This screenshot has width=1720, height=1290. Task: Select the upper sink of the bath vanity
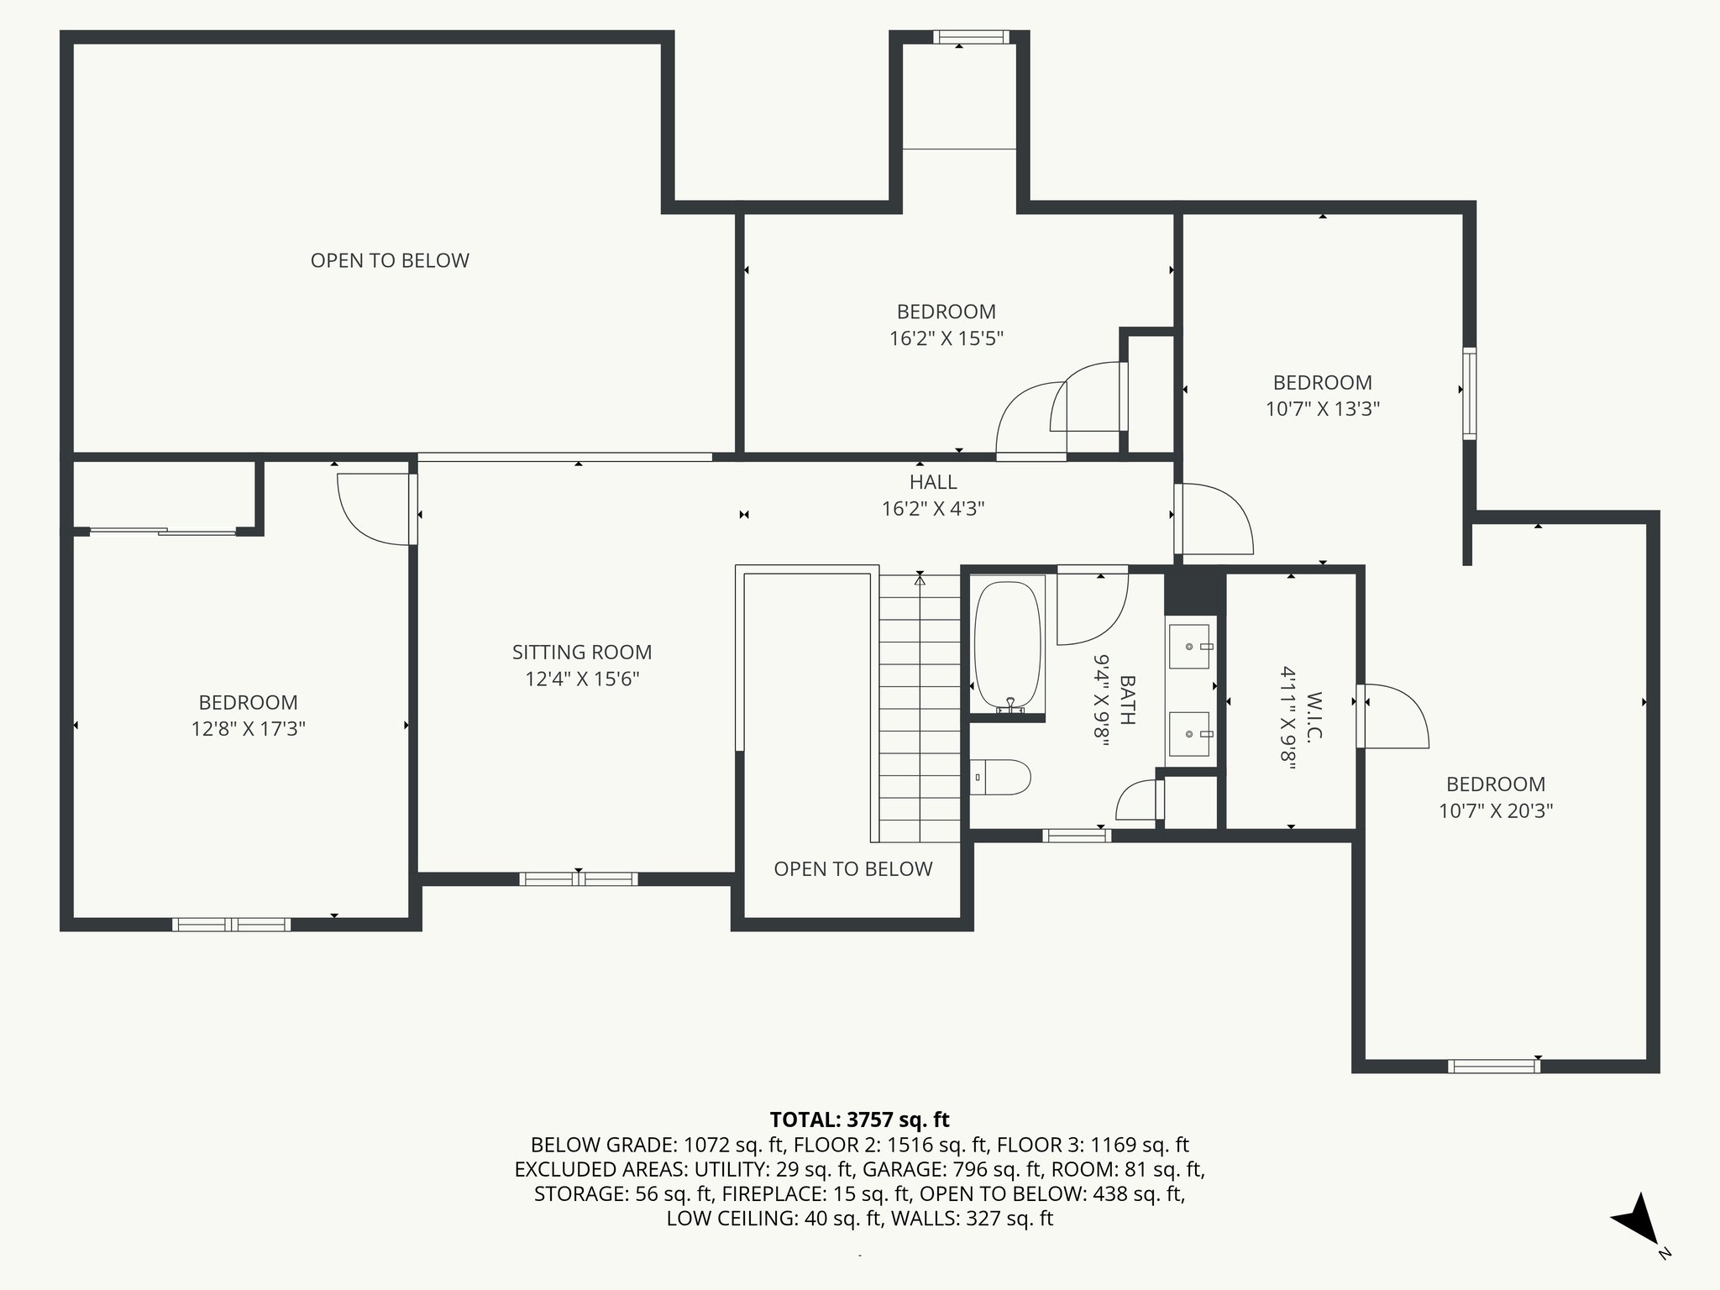pos(1189,646)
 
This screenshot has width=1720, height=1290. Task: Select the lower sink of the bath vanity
pos(1189,734)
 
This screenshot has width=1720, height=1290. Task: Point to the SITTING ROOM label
pos(582,652)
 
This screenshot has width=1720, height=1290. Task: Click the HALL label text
pos(933,482)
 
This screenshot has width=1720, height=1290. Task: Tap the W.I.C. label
pos(1314,716)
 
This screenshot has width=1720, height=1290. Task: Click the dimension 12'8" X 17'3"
pos(248,728)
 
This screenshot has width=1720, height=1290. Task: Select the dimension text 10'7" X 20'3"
pos(1496,810)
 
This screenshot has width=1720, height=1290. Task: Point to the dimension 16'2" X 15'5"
pos(947,338)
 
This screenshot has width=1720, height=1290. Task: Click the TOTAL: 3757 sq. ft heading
pos(859,1120)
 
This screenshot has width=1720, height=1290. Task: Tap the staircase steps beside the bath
pos(920,708)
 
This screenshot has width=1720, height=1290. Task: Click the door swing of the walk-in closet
pos(1394,715)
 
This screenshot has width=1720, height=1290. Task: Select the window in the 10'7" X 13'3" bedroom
pos(1469,393)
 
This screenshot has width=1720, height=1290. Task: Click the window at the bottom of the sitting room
pos(578,879)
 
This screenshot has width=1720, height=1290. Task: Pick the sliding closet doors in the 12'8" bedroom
pos(163,531)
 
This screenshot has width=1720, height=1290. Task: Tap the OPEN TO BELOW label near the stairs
pos(853,868)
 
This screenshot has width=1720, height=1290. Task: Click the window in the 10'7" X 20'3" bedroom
pos(1494,1067)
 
